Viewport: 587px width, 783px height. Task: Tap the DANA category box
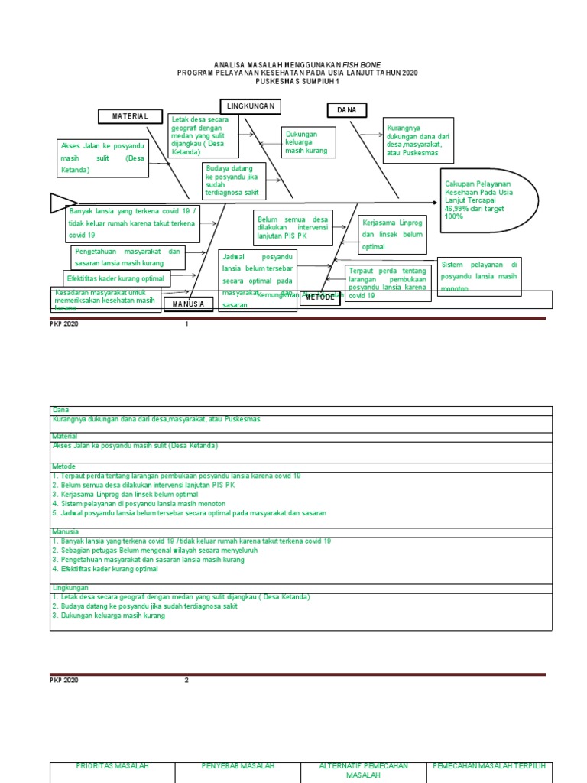click(x=346, y=110)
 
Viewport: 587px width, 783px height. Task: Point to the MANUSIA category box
click(x=188, y=304)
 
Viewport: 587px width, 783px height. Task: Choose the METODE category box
click(x=320, y=297)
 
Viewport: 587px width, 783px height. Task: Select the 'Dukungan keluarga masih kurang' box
click(x=310, y=142)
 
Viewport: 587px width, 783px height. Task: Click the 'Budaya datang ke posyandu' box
click(x=234, y=181)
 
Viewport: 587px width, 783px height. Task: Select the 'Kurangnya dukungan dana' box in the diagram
click(x=418, y=140)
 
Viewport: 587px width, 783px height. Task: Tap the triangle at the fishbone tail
click(x=58, y=203)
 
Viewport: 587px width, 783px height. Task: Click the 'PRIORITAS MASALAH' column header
click(x=112, y=766)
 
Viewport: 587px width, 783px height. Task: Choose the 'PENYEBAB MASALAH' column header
click(x=238, y=766)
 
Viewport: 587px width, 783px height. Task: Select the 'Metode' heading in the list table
click(x=64, y=466)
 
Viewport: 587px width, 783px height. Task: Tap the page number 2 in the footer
click(x=186, y=680)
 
